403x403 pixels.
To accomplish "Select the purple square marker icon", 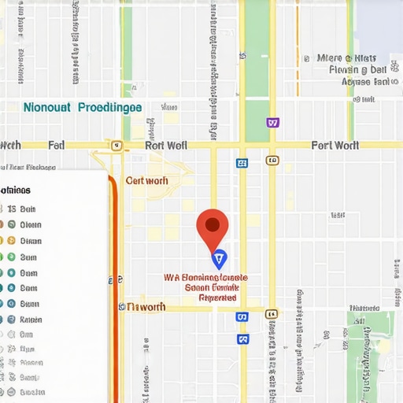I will coord(272,123).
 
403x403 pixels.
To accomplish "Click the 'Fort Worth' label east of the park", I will coord(335,145).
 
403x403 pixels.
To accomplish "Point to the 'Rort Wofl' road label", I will coord(165,145).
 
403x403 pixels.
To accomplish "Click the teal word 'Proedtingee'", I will coord(109,107).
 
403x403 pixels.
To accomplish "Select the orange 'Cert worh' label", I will coord(147,180).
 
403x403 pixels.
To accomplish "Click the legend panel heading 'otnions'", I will coord(16,190).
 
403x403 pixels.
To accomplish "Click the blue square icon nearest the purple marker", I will coord(242,163).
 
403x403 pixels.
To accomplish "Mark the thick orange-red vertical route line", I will coord(115,299).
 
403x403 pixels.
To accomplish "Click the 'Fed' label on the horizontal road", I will coord(56,145).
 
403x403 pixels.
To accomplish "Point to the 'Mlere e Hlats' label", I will coord(347,58).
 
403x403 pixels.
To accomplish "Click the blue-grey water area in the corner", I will coord(378,24).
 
